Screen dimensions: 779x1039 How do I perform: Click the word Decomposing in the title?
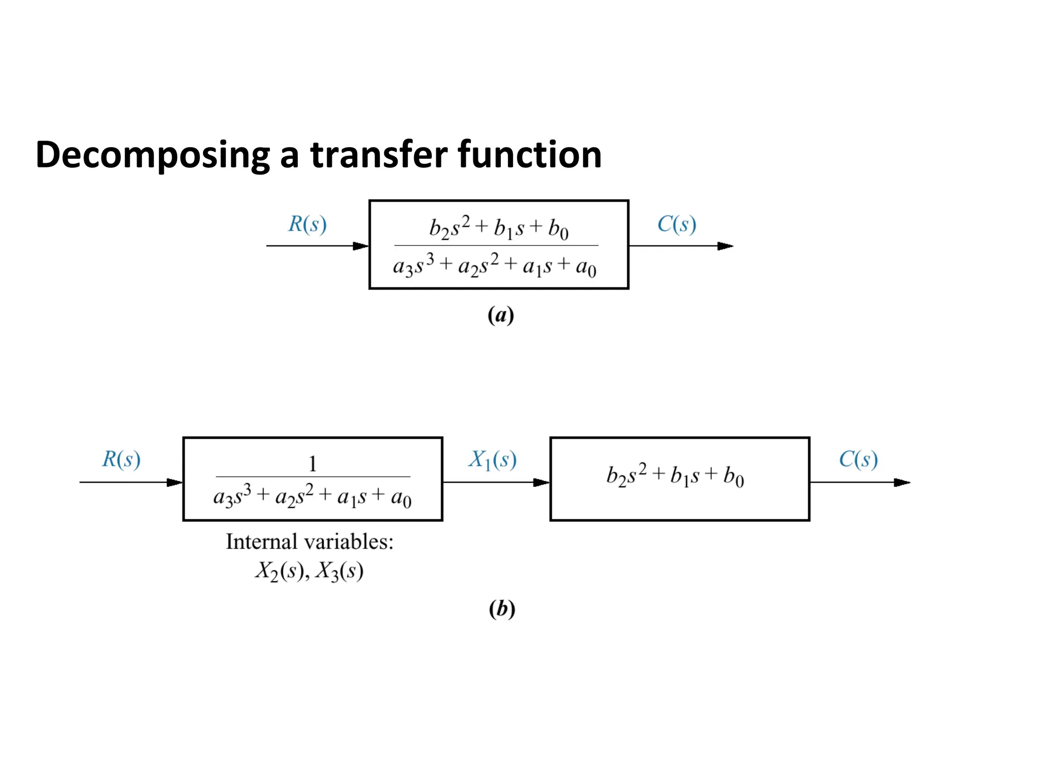tap(152, 155)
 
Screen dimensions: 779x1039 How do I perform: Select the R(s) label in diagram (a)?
tap(307, 224)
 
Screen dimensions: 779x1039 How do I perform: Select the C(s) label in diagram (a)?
tap(677, 224)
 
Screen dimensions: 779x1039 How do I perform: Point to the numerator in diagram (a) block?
tap(498, 228)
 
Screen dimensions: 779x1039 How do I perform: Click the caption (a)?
tap(501, 315)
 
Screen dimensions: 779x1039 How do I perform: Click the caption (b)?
tap(502, 608)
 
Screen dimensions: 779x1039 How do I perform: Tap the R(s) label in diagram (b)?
tap(121, 459)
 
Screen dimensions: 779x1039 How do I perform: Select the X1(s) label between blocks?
tap(492, 459)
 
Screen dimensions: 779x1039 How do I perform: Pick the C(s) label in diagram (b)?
tap(858, 459)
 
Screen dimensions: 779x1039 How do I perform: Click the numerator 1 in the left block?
tap(313, 464)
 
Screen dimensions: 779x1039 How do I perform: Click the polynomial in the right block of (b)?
tap(675, 476)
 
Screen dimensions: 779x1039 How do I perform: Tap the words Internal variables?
tap(309, 542)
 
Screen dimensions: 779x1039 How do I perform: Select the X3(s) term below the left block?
tap(339, 572)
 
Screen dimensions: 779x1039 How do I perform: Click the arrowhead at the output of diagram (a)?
tap(725, 246)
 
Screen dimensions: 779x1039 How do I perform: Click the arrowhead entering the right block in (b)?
tap(541, 482)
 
